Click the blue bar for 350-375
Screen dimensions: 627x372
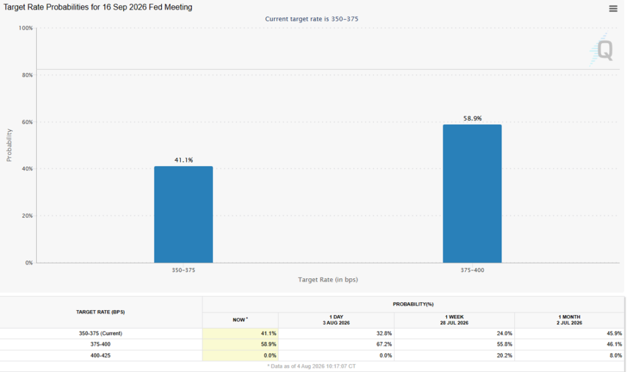point(184,214)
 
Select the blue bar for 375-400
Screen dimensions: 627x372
point(472,194)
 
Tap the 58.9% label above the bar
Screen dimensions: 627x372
point(473,118)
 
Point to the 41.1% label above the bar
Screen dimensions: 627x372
point(184,160)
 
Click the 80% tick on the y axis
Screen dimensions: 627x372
point(27,75)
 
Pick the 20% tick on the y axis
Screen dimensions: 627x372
point(27,216)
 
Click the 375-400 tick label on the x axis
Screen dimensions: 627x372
point(472,270)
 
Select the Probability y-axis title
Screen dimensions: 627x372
point(9,145)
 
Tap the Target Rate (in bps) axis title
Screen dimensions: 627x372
point(328,279)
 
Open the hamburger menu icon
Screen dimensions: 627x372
point(613,9)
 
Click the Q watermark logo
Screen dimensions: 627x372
point(601,50)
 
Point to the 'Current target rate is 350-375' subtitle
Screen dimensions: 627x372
point(312,19)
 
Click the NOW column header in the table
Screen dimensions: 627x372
point(240,320)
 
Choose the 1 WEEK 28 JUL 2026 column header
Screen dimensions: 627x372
point(454,320)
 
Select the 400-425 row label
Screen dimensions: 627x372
point(100,355)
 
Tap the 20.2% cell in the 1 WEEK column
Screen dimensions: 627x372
point(505,355)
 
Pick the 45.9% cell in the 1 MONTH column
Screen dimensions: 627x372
point(614,333)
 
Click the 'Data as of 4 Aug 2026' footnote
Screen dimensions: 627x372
point(312,366)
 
